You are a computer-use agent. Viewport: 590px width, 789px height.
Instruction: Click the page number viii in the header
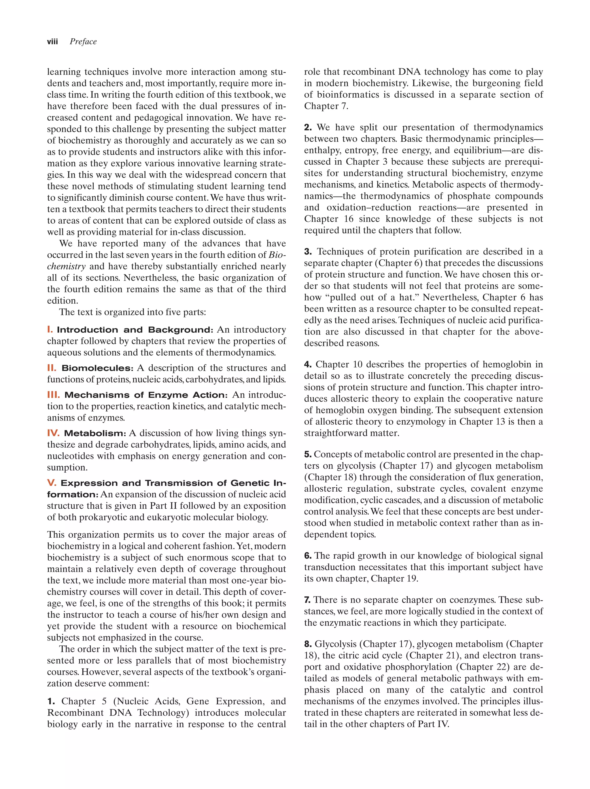point(52,42)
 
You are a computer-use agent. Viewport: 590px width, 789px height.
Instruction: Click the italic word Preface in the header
point(83,42)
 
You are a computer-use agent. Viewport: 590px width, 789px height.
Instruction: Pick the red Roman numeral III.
point(54,395)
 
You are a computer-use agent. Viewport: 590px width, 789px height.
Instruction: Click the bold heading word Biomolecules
point(97,368)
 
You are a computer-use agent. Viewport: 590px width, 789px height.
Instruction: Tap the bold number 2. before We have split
point(308,127)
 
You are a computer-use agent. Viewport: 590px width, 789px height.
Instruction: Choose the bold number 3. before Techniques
point(308,252)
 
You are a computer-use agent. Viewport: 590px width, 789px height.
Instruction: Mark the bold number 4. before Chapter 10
point(308,364)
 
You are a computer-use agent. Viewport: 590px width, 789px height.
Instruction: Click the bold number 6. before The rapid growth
point(308,555)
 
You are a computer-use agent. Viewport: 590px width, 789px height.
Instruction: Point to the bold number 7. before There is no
point(308,600)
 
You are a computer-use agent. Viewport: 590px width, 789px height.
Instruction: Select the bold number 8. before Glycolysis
point(308,644)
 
